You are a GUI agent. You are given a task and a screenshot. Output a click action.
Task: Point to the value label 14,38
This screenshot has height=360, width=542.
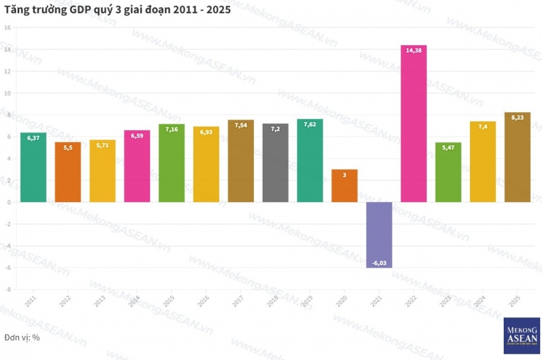click(x=413, y=50)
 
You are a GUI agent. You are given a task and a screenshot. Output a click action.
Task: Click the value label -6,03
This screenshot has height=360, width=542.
click(x=379, y=263)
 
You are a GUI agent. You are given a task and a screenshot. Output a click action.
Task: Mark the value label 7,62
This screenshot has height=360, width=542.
click(x=310, y=124)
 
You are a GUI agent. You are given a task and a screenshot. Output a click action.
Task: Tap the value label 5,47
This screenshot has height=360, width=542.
click(x=448, y=147)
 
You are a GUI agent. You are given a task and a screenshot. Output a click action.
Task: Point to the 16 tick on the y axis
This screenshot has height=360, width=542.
click(x=8, y=27)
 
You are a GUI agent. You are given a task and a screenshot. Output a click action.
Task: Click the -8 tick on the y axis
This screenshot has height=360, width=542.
click(x=8, y=289)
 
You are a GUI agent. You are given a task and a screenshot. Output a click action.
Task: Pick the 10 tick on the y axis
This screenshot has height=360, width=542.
click(x=8, y=93)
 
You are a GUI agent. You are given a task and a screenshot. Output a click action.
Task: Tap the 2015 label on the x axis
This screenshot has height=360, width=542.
click(x=169, y=300)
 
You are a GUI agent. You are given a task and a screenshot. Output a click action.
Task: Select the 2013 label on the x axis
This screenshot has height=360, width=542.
click(x=100, y=300)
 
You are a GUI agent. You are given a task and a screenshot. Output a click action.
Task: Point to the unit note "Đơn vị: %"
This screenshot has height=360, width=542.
click(x=22, y=337)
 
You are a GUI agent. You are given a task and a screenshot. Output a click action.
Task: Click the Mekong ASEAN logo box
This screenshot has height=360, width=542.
click(x=522, y=336)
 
